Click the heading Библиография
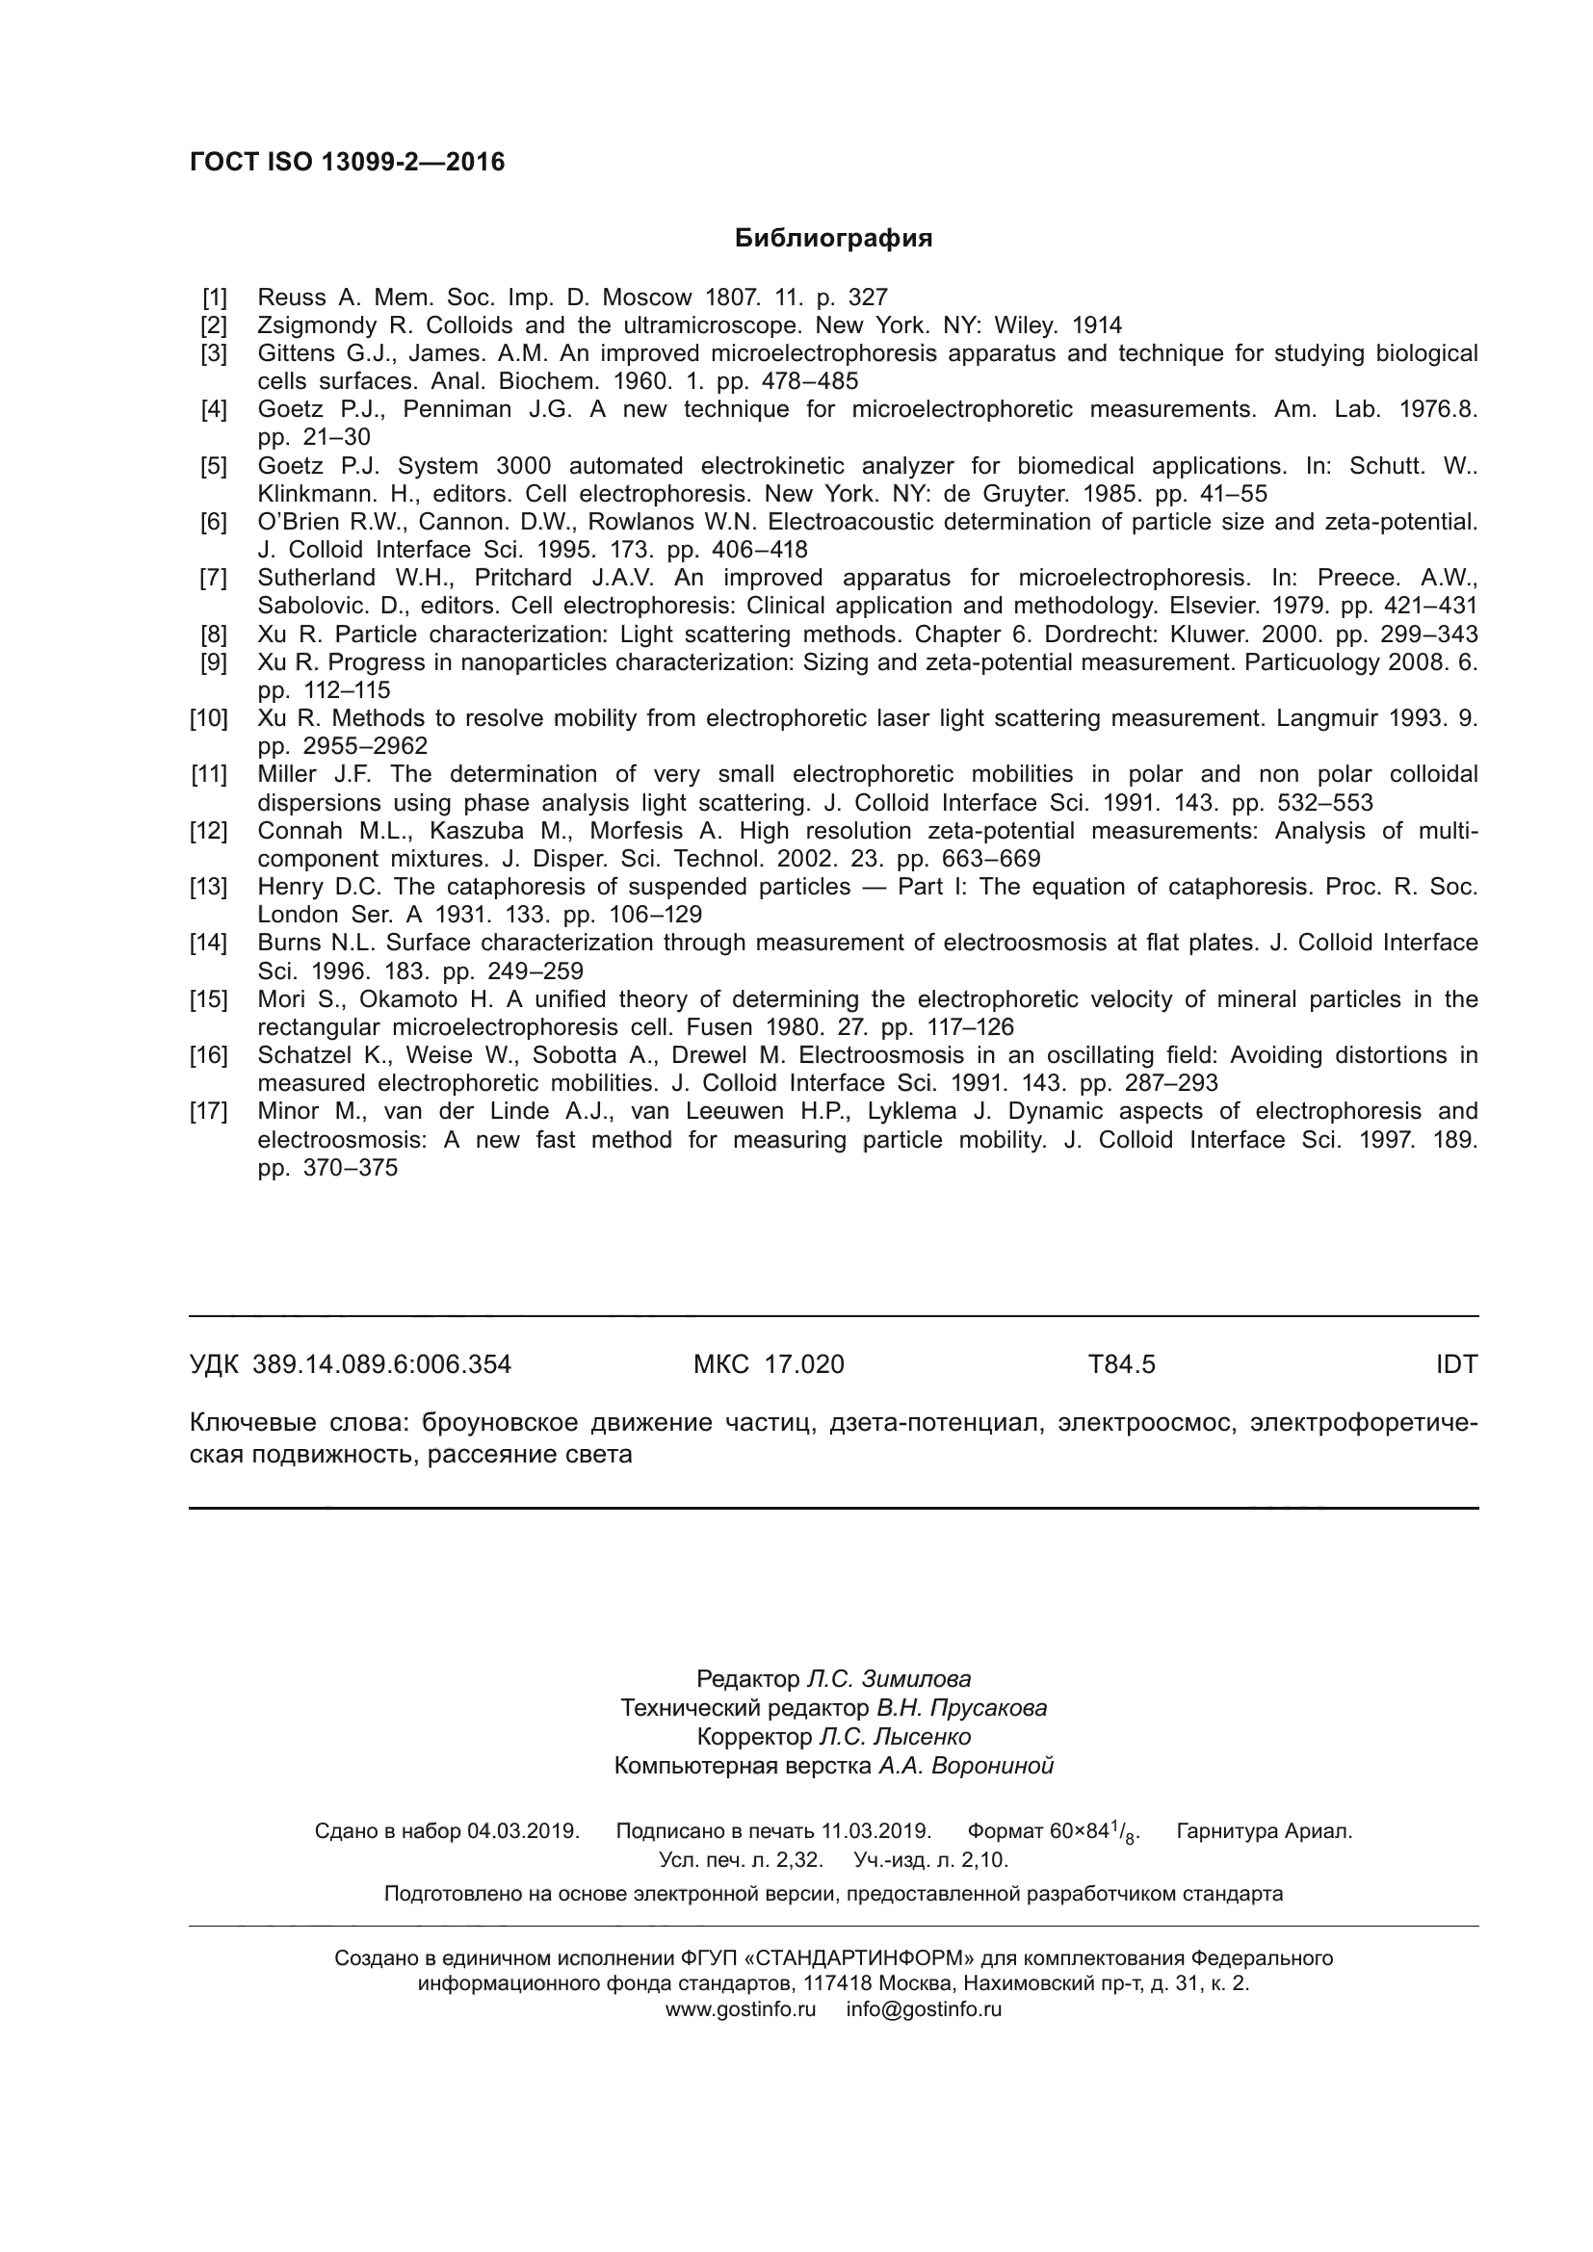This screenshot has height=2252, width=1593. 833,239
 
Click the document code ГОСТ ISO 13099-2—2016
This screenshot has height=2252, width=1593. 348,162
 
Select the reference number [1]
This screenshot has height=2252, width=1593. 214,298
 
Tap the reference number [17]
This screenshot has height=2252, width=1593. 209,1111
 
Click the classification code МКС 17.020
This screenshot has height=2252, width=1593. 768,1364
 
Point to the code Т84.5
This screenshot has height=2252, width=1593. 1121,1364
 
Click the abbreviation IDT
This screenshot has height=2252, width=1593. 1455,1364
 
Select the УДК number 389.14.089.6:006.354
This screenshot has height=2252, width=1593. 381,1364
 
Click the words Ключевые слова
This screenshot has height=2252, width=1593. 299,1422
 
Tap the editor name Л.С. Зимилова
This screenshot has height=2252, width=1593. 888,1678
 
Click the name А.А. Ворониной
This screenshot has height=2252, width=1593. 965,1766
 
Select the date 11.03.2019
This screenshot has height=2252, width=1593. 875,1831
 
